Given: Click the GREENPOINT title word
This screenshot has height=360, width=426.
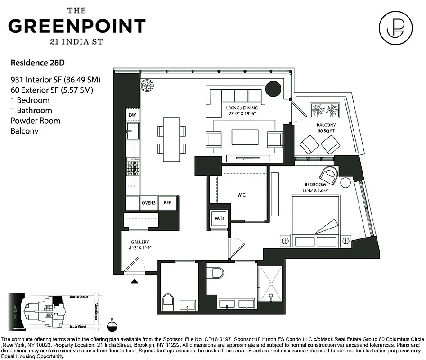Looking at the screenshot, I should point(77,26).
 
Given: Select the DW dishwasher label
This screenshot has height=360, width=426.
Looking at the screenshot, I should point(132,116).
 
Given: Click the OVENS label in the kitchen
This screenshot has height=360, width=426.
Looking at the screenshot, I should point(148,203).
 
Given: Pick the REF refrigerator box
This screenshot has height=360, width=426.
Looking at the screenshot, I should point(168,203).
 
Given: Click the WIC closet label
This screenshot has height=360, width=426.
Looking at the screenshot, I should point(242,195).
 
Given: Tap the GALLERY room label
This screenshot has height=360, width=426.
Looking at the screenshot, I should point(140,242).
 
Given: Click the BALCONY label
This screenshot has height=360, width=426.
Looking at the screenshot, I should point(326,125).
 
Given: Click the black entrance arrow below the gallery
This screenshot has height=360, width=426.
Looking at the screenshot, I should point(134,282).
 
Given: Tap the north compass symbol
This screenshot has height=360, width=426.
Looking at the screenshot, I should point(113,325).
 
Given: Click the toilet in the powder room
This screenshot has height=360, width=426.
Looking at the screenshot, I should point(168,301).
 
